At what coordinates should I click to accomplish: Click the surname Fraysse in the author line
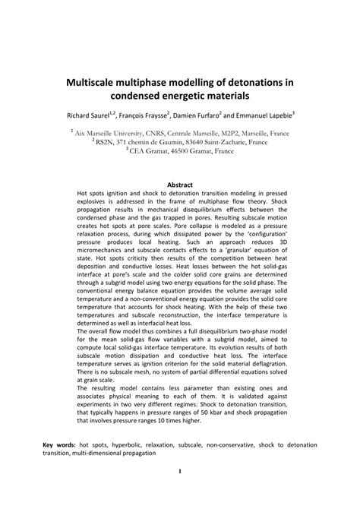tap(164, 118)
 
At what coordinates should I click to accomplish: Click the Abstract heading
tap(179, 185)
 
